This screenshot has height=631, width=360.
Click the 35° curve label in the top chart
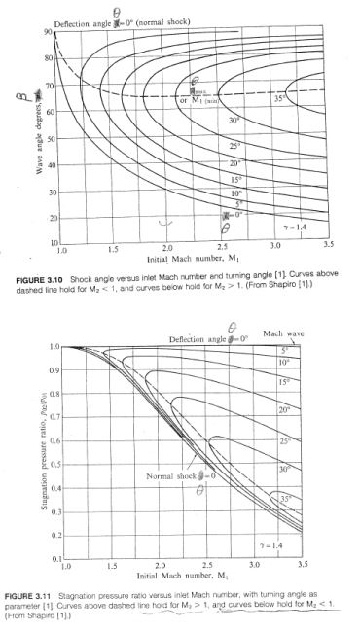coord(281,98)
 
